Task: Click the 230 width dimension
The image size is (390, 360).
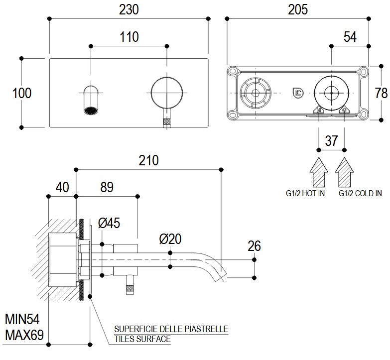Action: click(x=129, y=9)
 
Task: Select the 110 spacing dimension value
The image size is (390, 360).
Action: click(x=129, y=37)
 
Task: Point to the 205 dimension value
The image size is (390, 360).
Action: click(x=297, y=9)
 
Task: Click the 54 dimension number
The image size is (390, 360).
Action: click(x=350, y=37)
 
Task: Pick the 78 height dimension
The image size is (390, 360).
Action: click(x=382, y=93)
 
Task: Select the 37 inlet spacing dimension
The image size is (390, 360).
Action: click(x=332, y=141)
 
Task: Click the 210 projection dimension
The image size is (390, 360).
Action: click(x=148, y=160)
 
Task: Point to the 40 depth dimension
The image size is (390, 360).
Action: click(x=62, y=187)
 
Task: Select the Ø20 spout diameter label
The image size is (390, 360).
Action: click(x=171, y=240)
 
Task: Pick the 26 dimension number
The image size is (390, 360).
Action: click(x=254, y=246)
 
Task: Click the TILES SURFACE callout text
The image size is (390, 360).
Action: click(x=142, y=340)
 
